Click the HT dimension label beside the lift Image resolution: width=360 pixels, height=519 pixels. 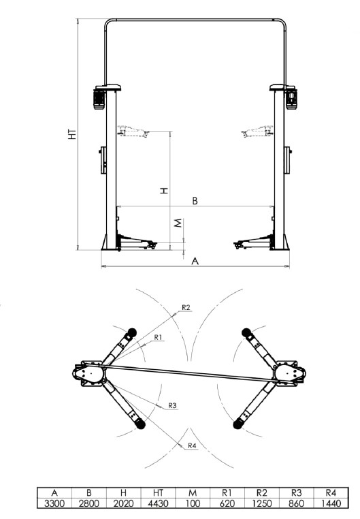pyautogui.click(x=72, y=133)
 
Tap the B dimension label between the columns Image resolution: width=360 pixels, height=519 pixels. pyautogui.click(x=195, y=201)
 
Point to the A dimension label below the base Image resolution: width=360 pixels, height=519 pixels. pyautogui.click(x=195, y=261)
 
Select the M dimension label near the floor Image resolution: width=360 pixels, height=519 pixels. pyautogui.click(x=178, y=223)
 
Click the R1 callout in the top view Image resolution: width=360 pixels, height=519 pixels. pyautogui.click(x=158, y=337)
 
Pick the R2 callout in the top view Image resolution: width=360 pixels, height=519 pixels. pyautogui.click(x=186, y=307)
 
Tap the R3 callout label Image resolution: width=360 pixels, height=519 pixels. pyautogui.click(x=172, y=405)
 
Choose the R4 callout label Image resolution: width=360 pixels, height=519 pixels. pyautogui.click(x=192, y=446)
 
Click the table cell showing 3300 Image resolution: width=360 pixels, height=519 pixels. pyautogui.click(x=54, y=503)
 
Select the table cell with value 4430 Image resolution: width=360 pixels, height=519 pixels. pyautogui.click(x=158, y=503)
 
